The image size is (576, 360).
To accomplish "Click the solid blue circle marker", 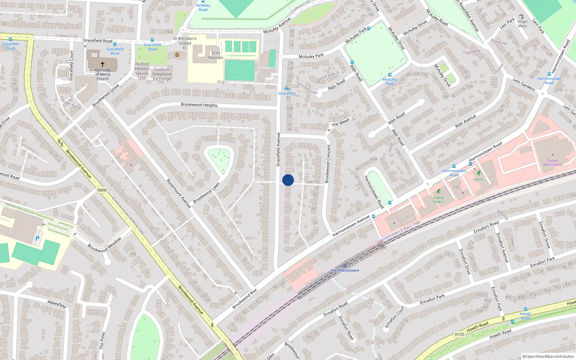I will [288, 180].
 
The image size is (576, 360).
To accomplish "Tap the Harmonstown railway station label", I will [345, 270].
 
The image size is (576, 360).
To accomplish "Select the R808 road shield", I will [102, 190].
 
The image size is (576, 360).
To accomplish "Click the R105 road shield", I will [459, 334].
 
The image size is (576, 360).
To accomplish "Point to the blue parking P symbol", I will [37, 238].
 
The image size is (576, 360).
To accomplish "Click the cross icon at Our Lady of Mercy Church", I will [103, 64].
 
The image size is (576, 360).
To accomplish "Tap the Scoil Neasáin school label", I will [216, 55].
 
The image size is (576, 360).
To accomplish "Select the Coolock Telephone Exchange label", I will [162, 74].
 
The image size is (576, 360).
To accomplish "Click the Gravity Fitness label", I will [438, 199].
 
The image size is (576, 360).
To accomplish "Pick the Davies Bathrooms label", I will [552, 163].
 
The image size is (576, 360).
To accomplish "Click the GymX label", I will [478, 179].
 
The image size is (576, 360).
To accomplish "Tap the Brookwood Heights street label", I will [199, 105].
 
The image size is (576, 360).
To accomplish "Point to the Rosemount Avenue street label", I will [179, 193].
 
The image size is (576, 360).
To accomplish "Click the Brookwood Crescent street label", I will [328, 164].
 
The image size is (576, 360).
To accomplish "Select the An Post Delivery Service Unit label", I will [142, 71].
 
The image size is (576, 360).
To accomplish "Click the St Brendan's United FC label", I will [185, 43].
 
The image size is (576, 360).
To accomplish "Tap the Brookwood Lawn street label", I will [206, 193].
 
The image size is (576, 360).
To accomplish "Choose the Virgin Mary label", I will [522, 24].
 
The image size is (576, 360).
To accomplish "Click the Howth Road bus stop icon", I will [525, 309].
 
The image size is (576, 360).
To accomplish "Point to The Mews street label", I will [340, 122].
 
